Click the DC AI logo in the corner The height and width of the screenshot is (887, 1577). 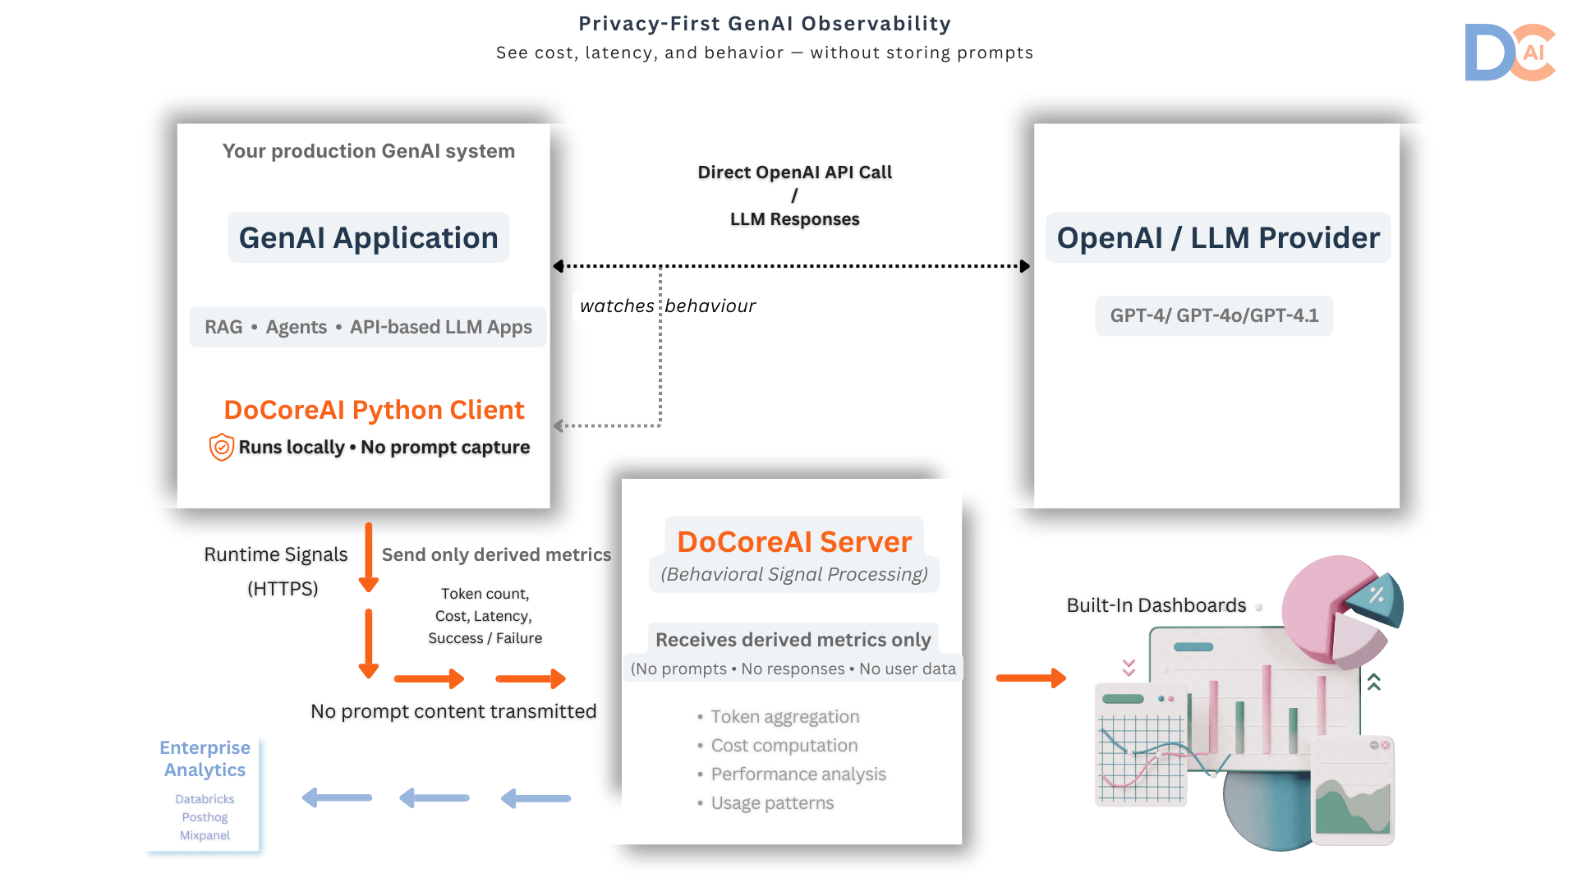[1510, 53]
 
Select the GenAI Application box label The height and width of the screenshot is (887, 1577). [368, 238]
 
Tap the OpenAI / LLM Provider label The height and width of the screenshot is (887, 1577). [1217, 238]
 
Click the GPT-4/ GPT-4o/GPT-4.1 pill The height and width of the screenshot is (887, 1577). [1213, 316]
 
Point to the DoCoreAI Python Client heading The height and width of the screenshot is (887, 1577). [374, 410]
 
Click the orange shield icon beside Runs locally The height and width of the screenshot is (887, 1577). [221, 447]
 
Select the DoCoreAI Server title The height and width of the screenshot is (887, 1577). [793, 542]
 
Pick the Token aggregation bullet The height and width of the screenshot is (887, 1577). [784, 717]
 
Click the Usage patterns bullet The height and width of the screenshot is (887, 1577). [771, 803]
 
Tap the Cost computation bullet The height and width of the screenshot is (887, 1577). [784, 746]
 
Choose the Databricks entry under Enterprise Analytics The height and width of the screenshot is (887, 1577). [205, 799]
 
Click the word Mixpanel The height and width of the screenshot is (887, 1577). [205, 835]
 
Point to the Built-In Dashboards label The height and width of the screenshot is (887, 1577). [1156, 605]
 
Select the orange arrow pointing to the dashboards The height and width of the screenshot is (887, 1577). [1031, 678]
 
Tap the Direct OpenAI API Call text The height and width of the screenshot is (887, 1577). [794, 172]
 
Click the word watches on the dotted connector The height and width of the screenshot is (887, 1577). [617, 306]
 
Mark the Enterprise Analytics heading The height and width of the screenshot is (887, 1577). [205, 759]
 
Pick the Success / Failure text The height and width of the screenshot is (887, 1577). [485, 638]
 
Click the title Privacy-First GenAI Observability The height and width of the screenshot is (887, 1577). [765, 24]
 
